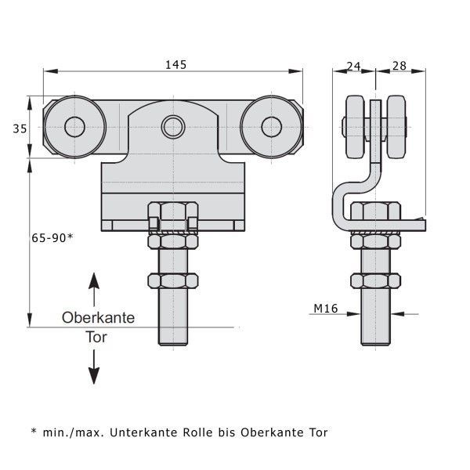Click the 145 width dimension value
(176, 65)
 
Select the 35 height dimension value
(20, 129)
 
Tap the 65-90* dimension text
(52, 238)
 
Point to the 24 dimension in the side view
(353, 66)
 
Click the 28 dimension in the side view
(399, 66)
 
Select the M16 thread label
(326, 308)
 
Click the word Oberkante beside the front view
(99, 318)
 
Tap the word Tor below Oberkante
(96, 337)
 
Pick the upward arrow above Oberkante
(94, 290)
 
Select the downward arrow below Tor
(94, 367)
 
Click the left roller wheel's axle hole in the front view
(75, 127)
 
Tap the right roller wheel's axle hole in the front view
(272, 127)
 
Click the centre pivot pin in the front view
(173, 127)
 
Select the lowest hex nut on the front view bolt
(173, 281)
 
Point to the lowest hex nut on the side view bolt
(375, 281)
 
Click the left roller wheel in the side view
(356, 127)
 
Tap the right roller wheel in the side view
(396, 127)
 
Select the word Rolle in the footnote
(197, 432)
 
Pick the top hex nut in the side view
(375, 211)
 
